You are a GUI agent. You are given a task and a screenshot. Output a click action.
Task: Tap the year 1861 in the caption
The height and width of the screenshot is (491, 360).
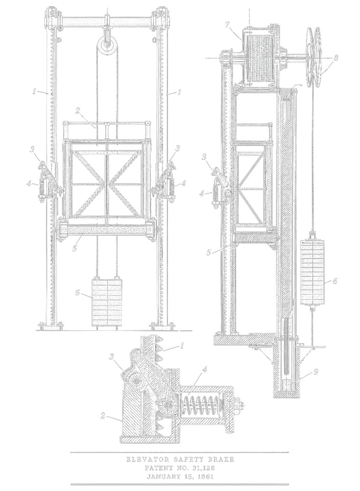(204, 477)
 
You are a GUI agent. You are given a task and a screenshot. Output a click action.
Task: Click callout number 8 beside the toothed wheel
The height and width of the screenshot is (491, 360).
(335, 58)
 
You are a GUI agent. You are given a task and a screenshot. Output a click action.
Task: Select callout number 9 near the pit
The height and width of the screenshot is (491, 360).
(316, 372)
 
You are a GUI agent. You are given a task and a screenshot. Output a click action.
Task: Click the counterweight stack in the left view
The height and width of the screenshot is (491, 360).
(107, 303)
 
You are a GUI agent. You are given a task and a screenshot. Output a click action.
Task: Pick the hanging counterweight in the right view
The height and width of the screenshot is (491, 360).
(312, 272)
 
